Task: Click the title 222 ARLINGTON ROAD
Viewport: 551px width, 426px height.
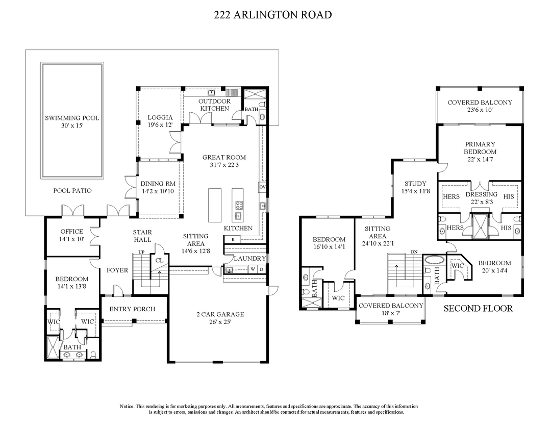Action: pos(273,15)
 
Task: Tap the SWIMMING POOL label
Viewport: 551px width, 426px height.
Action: pos(72,118)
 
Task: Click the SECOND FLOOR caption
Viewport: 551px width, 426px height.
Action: pos(478,309)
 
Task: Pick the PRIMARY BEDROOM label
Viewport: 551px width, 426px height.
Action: pos(480,148)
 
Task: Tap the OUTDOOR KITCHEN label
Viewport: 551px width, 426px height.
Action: pos(214,105)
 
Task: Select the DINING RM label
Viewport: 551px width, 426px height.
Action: pos(159,184)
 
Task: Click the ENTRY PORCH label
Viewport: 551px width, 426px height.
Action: pos(132,309)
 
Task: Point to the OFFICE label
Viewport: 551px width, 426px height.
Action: pos(71,231)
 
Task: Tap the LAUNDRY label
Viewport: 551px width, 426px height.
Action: pos(250,259)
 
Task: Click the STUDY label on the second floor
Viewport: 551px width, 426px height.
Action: pos(415,184)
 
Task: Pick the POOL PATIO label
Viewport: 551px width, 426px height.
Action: pos(72,191)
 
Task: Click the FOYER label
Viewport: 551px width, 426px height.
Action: pos(117,270)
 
